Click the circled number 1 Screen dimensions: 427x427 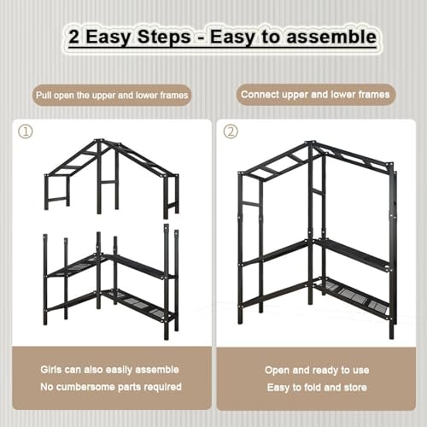pos(26,132)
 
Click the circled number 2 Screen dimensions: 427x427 pos(231,132)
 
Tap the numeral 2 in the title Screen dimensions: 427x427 pos(73,37)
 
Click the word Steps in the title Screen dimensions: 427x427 pos(164,38)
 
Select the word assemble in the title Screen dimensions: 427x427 pos(331,37)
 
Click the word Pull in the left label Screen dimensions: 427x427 pos(44,95)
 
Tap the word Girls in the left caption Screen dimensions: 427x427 pos(51,370)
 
